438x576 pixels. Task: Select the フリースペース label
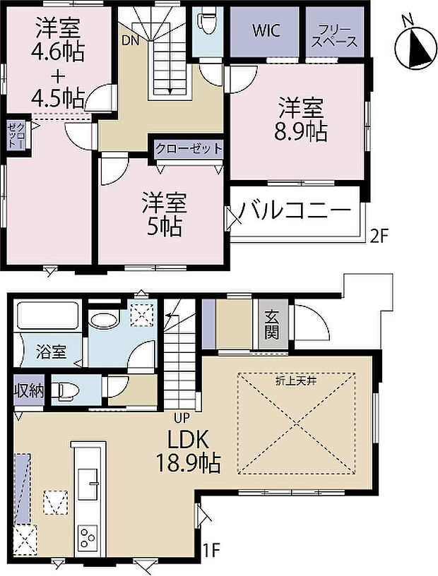click(332, 31)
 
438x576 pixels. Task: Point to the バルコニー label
click(294, 210)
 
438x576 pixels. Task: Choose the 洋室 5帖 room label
click(163, 215)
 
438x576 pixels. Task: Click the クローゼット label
click(189, 149)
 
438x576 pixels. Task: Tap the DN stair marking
click(130, 41)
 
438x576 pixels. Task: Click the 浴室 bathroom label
click(52, 351)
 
